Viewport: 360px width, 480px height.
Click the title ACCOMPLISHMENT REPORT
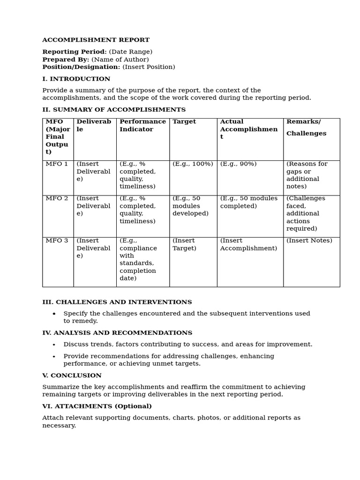coord(96,40)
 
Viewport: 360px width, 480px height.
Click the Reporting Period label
coord(74,52)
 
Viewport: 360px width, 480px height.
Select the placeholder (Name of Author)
coord(120,60)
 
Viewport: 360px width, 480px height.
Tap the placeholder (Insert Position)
coord(149,67)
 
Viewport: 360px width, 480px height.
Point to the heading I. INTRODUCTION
coord(76,79)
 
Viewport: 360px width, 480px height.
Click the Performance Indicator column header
coord(142,126)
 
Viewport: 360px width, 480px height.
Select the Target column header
coord(184,122)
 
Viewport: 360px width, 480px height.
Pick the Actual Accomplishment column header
coord(248,129)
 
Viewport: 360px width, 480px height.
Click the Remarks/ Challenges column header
coord(306,127)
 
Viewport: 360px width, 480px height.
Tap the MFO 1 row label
coord(57,164)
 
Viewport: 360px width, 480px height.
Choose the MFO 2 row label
coord(57,199)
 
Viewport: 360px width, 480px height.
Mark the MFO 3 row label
coord(57,241)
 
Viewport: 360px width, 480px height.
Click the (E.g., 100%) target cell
coord(193,164)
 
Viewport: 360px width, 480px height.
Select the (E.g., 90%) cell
coord(238,164)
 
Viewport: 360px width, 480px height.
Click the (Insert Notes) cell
coord(309,241)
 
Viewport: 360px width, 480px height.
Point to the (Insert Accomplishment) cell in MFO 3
coord(248,245)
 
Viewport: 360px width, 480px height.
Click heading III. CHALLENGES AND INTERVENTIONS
coord(117,302)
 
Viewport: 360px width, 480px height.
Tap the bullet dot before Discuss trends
coord(54,345)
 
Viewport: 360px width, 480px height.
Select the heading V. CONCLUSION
coord(72,376)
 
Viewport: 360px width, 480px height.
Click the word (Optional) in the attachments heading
coord(133,406)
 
